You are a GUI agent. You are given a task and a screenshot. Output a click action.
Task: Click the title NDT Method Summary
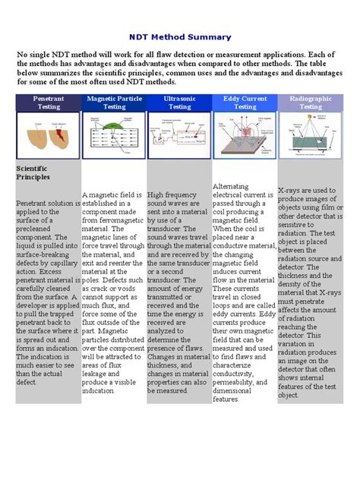pos(180,37)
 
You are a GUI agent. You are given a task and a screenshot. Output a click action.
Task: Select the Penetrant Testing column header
pos(48,103)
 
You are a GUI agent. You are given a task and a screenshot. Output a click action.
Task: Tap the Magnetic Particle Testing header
pos(114,103)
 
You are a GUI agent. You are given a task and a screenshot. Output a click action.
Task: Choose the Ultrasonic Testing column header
pos(179,103)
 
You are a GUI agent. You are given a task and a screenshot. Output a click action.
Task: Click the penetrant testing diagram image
pos(48,135)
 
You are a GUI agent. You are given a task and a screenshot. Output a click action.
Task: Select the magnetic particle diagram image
pos(114,135)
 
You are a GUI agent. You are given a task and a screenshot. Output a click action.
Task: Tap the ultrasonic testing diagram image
pos(179,135)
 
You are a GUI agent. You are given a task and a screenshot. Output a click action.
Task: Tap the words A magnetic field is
pos(115,195)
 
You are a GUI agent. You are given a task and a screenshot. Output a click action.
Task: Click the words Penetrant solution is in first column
pos(47,204)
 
